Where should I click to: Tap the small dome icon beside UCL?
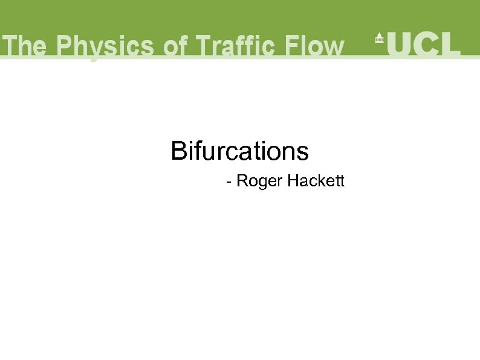(x=380, y=38)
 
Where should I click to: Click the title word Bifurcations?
(x=240, y=151)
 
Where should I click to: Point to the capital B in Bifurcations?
(x=178, y=151)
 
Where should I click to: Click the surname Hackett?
(x=316, y=181)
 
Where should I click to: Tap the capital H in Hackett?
(x=293, y=181)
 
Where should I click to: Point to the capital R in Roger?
(x=241, y=181)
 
